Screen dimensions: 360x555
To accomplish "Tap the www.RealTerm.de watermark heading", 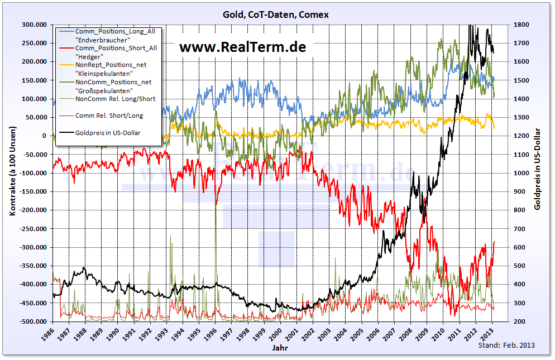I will pos(242,47).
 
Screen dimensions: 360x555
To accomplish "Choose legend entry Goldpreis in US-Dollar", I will pos(108,133).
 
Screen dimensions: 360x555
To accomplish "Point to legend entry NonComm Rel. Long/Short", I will pos(115,99).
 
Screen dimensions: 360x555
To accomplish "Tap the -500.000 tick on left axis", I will pos(33,322).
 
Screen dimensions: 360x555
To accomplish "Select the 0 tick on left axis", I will pos(44,136).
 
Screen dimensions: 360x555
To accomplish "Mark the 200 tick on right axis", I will pos(520,322).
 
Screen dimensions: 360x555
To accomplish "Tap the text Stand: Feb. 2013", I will pos(506,345).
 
